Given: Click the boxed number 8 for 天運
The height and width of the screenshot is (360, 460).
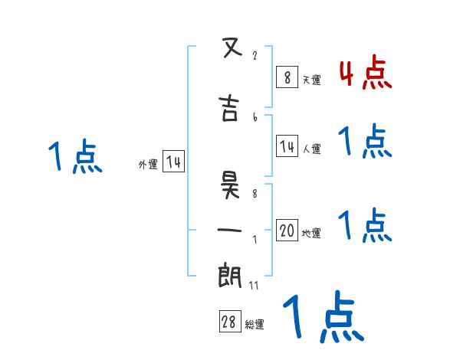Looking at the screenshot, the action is pyautogui.click(x=286, y=77).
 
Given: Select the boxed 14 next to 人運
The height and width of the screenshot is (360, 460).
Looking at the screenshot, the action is pyautogui.click(x=287, y=146).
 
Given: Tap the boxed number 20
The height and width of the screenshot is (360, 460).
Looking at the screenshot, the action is pyautogui.click(x=287, y=231).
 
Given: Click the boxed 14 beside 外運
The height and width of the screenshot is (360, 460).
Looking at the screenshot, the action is pyautogui.click(x=173, y=162).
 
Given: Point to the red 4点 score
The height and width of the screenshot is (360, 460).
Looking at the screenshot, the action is pyautogui.click(x=365, y=74).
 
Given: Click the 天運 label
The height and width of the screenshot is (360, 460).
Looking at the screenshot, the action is pyautogui.click(x=311, y=80).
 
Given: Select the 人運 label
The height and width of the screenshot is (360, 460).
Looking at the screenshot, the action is pyautogui.click(x=311, y=149).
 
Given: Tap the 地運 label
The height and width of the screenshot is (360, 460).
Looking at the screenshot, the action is pyautogui.click(x=311, y=233).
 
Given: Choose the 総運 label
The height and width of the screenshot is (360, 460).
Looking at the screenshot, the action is pyautogui.click(x=255, y=325).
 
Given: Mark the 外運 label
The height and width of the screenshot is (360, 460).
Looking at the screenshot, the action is pyautogui.click(x=148, y=164).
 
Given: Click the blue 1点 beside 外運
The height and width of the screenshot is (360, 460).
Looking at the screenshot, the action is pyautogui.click(x=74, y=157).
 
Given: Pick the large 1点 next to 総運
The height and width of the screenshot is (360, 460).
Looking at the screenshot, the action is pyautogui.click(x=323, y=316).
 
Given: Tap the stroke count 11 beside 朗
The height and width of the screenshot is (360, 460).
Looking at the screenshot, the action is pyautogui.click(x=255, y=286).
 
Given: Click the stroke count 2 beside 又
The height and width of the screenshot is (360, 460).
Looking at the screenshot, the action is pyautogui.click(x=254, y=56).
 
